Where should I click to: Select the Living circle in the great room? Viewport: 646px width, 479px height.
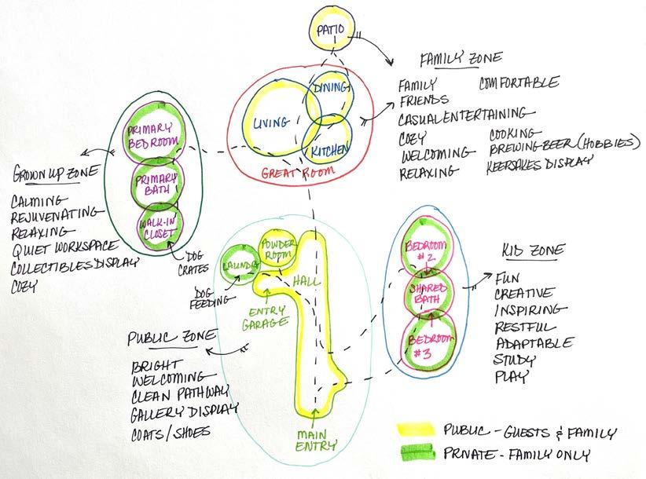click(275, 122)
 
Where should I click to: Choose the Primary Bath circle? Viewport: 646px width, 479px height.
click(156, 183)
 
